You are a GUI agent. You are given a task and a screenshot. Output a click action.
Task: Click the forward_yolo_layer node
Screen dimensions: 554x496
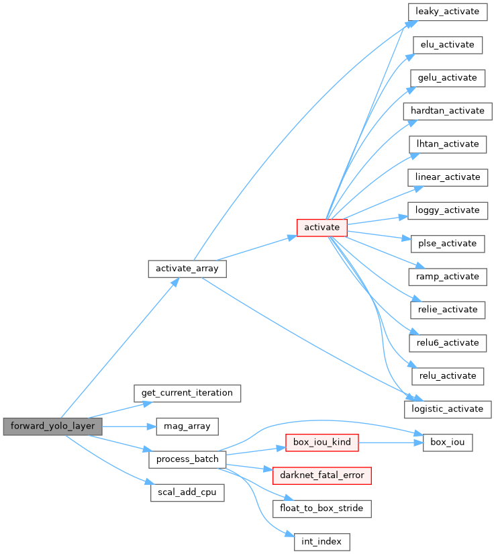[53, 426]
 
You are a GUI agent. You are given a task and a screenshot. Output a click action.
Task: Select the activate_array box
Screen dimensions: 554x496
[187, 269]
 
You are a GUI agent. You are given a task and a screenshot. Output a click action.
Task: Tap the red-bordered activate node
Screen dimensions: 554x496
[322, 228]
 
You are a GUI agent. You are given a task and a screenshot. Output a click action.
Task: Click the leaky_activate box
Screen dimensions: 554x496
[448, 12]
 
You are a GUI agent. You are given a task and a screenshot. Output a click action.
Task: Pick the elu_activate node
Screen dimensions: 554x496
[447, 45]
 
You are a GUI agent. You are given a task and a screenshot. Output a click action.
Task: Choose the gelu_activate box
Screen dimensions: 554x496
[447, 78]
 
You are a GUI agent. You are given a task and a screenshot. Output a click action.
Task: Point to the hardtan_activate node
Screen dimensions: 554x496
[448, 111]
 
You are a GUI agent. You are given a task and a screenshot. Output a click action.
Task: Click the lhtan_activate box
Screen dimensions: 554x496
[448, 144]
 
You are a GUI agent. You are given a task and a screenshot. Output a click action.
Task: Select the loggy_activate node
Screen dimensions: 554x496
[448, 210]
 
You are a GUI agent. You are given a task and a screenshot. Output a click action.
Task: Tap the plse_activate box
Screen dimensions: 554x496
[447, 243]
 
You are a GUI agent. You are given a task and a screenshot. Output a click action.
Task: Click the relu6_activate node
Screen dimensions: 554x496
[447, 342]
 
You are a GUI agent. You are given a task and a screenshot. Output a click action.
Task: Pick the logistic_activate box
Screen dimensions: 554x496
[449, 408]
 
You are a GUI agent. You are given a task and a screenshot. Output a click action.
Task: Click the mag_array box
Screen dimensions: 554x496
[187, 426]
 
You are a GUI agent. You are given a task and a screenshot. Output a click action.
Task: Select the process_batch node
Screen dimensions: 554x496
[187, 459]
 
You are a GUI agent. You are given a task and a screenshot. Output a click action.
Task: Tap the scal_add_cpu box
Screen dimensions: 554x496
[187, 492]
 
